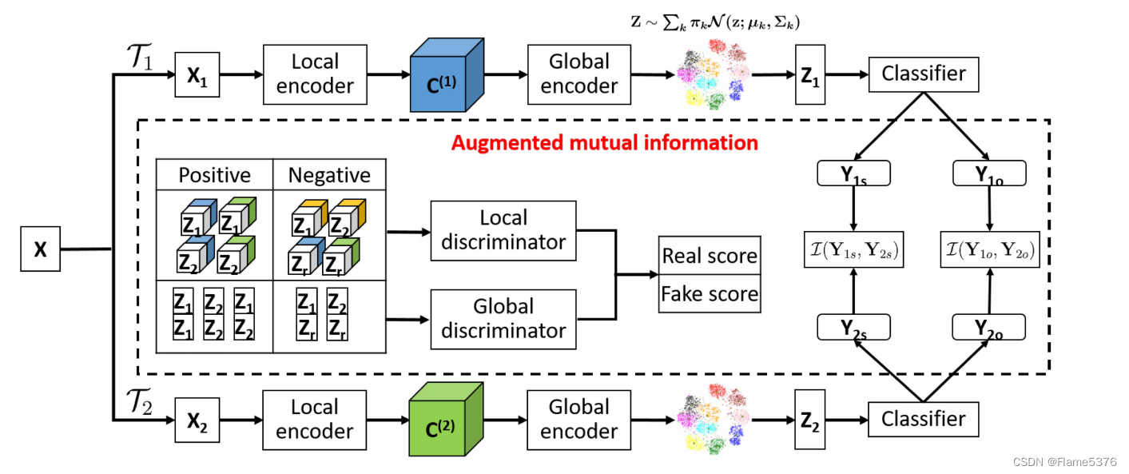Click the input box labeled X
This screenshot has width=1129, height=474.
[40, 249]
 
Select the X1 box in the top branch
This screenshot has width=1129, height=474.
[197, 75]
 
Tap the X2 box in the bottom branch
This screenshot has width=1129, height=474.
[197, 419]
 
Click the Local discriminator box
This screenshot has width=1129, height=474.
[503, 230]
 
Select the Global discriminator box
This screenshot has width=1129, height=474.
[503, 319]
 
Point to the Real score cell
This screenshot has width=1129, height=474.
[709, 256]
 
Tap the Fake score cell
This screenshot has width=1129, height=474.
[709, 293]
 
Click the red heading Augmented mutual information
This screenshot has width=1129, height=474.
[604, 143]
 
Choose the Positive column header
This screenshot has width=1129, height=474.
[214, 175]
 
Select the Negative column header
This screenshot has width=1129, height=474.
[329, 175]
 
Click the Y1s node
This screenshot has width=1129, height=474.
[854, 174]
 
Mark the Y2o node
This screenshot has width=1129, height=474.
[990, 327]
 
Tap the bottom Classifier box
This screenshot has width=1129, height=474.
[923, 419]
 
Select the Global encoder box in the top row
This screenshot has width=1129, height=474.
[579, 74]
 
